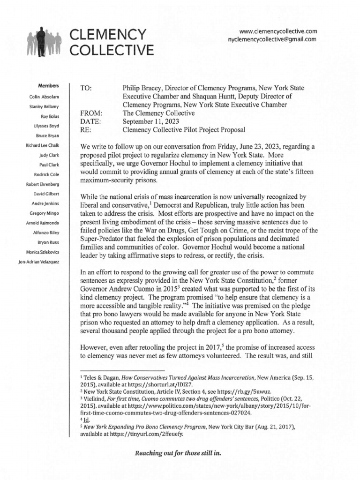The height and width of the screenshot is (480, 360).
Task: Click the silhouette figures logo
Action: coord(45,43)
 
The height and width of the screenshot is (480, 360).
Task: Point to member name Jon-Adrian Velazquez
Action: coord(38,261)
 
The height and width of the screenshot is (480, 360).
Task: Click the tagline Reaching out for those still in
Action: coord(178,454)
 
